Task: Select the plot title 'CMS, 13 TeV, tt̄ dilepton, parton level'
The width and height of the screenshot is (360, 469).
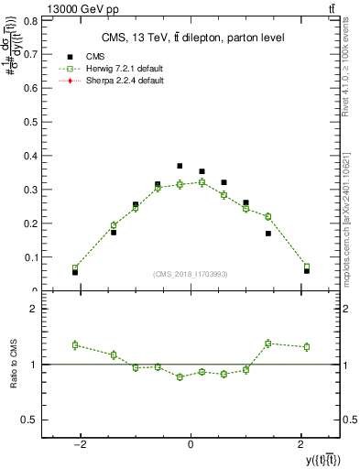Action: click(191, 37)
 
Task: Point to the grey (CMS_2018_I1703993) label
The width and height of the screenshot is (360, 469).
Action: click(191, 274)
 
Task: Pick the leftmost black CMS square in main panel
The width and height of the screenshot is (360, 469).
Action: click(75, 272)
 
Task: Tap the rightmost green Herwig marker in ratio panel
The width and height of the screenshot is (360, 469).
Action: click(306, 347)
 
